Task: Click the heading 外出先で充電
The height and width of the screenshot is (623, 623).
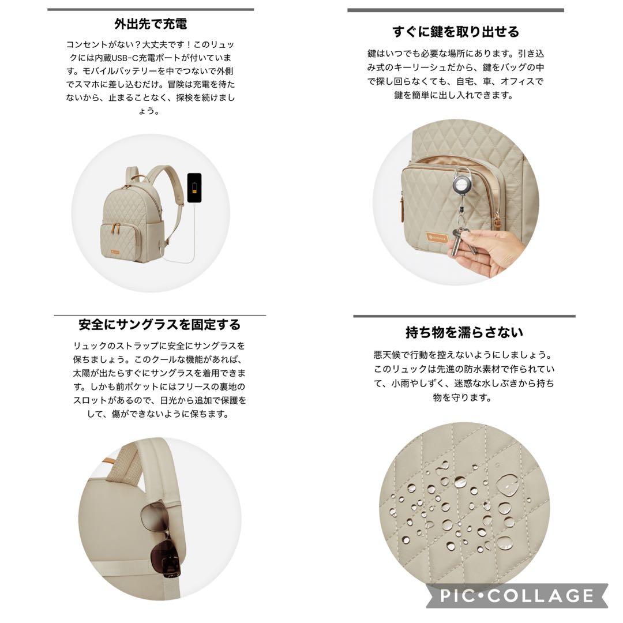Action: pos(151,24)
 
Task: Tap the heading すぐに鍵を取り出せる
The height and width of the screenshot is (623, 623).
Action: pos(456,31)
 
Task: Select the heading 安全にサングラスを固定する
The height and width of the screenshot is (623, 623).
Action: pos(160,325)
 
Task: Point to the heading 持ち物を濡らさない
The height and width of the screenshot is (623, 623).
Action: pos(464,332)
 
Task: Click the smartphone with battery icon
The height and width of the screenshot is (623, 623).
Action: pos(194,187)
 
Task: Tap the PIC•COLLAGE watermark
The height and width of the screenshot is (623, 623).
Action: pos(516,595)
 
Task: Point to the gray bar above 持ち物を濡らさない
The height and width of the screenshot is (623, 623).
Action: pos(464,316)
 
